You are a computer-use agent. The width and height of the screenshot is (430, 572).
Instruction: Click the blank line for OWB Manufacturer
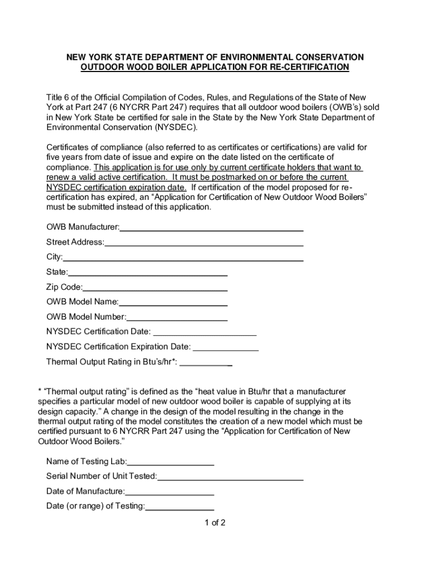pyautogui.click(x=212, y=228)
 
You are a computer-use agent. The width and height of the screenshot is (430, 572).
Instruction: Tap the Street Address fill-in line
pyautogui.click(x=204, y=244)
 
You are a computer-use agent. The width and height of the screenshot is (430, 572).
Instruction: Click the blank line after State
pyautogui.click(x=147, y=274)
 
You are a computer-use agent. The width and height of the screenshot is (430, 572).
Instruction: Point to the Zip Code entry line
pyautogui.click(x=155, y=289)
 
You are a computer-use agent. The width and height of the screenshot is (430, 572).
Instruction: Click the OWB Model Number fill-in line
pyautogui.click(x=177, y=318)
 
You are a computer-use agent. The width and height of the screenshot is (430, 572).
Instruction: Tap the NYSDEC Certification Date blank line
pyautogui.click(x=204, y=333)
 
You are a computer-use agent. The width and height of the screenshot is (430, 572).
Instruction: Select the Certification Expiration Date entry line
pyautogui.click(x=226, y=349)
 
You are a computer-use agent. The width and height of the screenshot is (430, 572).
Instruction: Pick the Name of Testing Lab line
pyautogui.click(x=171, y=463)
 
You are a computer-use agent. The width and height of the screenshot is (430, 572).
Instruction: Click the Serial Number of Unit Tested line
pyautogui.click(x=231, y=478)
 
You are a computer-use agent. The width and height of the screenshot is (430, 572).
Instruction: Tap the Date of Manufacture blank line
pyautogui.click(x=170, y=493)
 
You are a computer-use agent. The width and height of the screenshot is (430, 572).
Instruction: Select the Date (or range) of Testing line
pyautogui.click(x=180, y=508)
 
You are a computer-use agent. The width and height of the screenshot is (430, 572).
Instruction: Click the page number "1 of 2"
pyautogui.click(x=215, y=523)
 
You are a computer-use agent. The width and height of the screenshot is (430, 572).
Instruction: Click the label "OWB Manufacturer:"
pyautogui.click(x=83, y=227)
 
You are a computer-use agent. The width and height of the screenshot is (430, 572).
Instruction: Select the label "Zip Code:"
pyautogui.click(x=64, y=288)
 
